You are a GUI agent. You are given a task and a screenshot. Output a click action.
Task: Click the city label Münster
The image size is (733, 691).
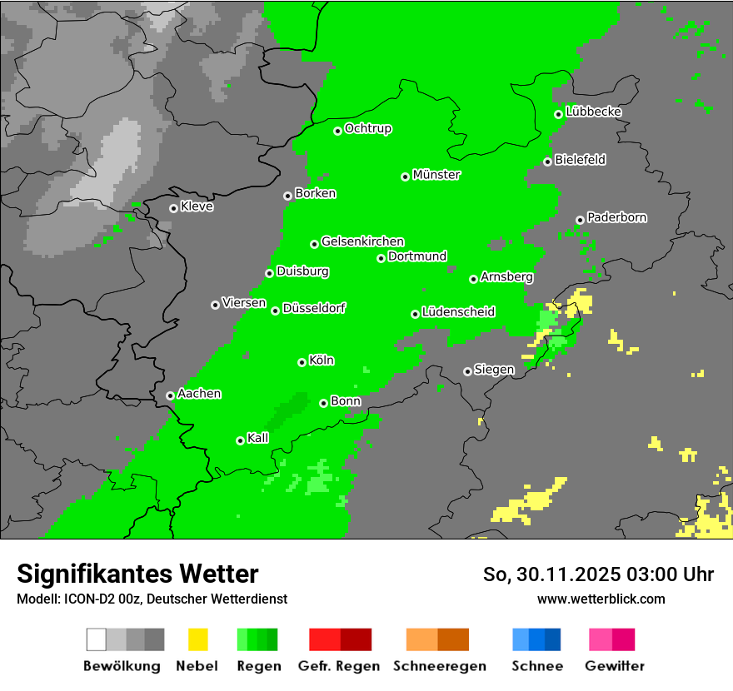pyautogui.click(x=436, y=175)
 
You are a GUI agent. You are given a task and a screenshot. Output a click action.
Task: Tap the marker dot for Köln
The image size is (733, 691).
pyautogui.click(x=302, y=362)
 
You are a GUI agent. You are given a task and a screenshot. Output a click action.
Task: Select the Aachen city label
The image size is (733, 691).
pyautogui.click(x=199, y=394)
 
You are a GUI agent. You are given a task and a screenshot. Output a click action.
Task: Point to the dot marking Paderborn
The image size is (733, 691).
pyautogui.click(x=580, y=220)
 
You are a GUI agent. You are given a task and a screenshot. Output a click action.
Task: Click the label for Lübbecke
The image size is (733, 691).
pyautogui.click(x=593, y=112)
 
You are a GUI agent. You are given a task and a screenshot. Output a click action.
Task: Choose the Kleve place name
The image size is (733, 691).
pyautogui.click(x=197, y=206)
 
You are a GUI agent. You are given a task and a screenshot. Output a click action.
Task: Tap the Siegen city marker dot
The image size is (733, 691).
pyautogui.click(x=467, y=371)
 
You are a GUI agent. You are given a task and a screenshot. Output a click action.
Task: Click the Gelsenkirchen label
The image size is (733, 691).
pyautogui.click(x=362, y=241)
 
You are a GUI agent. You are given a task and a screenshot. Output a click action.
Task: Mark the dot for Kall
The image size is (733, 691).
pyautogui.click(x=240, y=440)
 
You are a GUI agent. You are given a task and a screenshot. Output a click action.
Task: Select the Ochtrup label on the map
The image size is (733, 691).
pyautogui.click(x=368, y=129)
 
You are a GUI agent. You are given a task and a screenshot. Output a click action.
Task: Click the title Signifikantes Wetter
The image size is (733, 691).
pyautogui.click(x=137, y=574)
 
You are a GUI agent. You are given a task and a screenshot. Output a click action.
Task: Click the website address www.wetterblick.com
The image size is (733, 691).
pyautogui.click(x=601, y=599)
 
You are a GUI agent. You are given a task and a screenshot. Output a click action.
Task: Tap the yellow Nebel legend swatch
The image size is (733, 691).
pyautogui.click(x=197, y=639)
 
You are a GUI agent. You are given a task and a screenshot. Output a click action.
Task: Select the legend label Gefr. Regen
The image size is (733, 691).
pyautogui.click(x=339, y=666)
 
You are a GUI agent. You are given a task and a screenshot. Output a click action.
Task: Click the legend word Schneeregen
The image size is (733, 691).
pyautogui.click(x=440, y=666)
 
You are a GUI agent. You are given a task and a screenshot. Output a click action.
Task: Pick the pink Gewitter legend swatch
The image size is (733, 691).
pyautogui.click(x=600, y=639)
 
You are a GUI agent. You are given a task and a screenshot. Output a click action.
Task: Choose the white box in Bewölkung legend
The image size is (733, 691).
pyautogui.click(x=97, y=639)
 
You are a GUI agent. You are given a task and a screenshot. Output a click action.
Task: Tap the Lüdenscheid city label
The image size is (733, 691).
pyautogui.click(x=458, y=312)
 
